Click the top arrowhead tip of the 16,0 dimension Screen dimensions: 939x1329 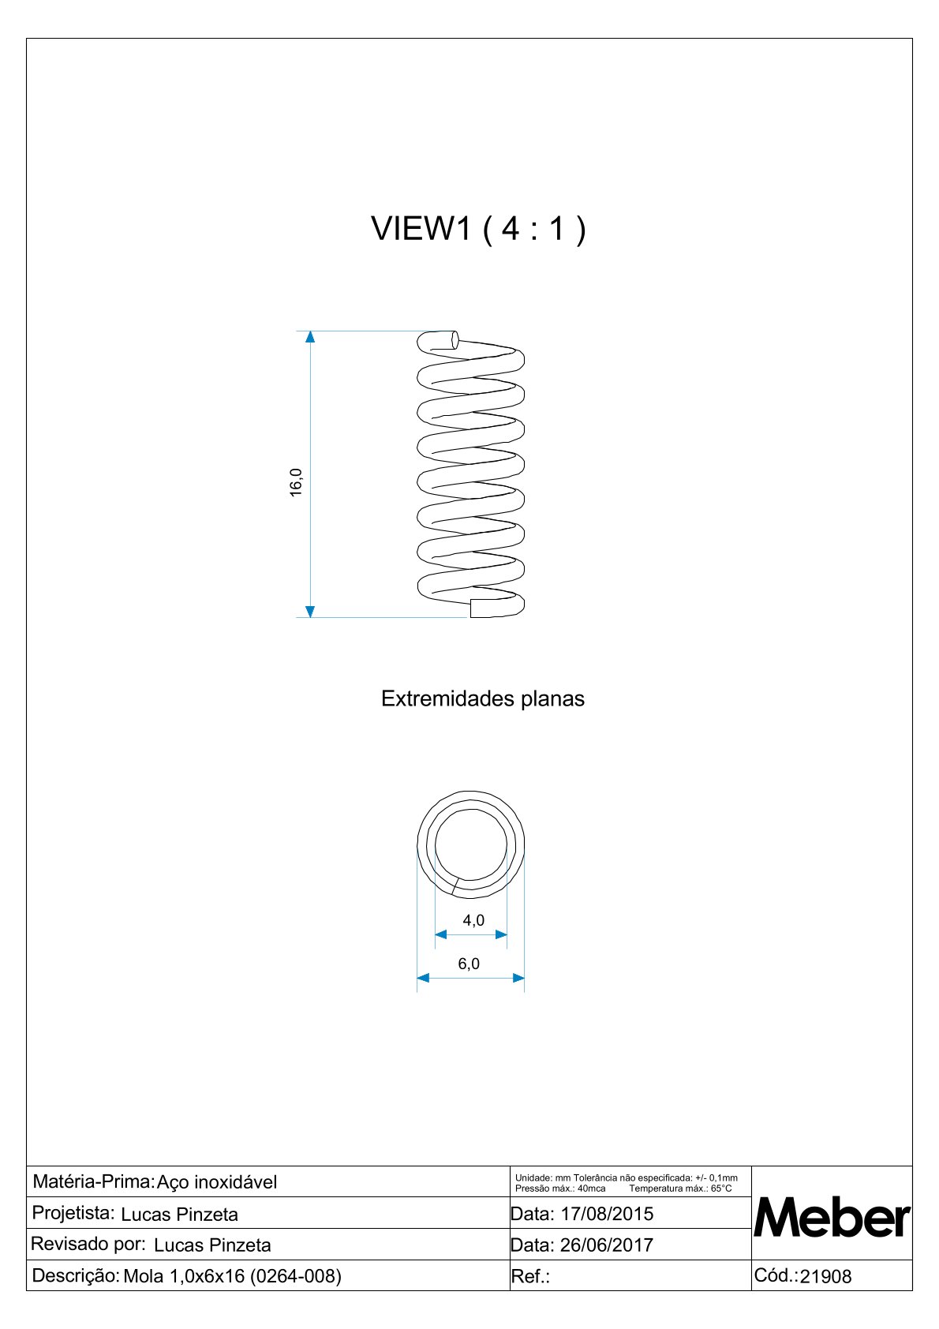[309, 331]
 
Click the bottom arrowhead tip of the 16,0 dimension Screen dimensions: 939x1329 [309, 618]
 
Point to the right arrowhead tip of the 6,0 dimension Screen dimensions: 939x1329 [525, 978]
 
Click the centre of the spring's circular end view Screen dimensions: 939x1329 [470, 844]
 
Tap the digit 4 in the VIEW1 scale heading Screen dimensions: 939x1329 [510, 228]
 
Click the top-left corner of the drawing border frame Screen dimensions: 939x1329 [27, 39]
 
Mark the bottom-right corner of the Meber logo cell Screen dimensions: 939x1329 [912, 1260]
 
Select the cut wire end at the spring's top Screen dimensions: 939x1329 [455, 340]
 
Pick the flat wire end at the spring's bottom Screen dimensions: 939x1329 [472, 608]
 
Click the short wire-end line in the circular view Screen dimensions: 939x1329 [455, 886]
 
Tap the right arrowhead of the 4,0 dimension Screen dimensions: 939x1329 [501, 934]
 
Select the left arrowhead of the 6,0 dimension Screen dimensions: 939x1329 [423, 978]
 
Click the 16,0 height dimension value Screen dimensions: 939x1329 [295, 482]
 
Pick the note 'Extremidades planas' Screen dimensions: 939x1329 [483, 699]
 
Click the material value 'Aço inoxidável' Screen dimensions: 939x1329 [216, 1182]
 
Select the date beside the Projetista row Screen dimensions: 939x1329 [607, 1214]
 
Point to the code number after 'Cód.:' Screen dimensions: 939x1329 [825, 1277]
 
